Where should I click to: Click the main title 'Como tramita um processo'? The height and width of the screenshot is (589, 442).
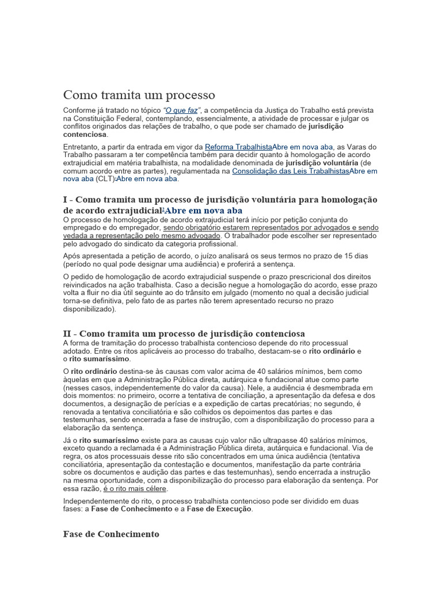coord(139,94)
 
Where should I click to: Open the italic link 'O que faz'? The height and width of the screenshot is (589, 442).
coord(181,110)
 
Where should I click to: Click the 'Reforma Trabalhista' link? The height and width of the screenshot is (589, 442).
coord(238,147)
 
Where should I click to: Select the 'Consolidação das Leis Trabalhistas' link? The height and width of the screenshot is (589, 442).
coord(291,171)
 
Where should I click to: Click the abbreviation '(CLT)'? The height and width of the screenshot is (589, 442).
coord(105,179)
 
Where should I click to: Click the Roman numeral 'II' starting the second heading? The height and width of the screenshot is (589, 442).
coord(68,334)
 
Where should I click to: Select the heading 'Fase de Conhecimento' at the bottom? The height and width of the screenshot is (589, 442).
coord(111,534)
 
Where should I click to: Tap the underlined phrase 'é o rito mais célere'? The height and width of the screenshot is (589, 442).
coord(135,488)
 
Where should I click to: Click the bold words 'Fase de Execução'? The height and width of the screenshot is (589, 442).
coord(219,509)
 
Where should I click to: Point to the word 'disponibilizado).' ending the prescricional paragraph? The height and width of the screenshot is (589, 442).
coord(90,309)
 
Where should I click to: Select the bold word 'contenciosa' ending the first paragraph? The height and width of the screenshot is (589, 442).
coord(85,135)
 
